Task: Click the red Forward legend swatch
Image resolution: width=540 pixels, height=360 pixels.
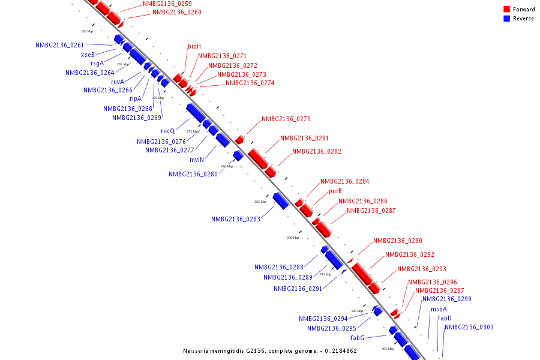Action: (x=506, y=10)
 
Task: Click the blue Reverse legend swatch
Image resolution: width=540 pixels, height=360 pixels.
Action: (x=506, y=19)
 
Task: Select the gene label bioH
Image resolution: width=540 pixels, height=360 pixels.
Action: (x=194, y=46)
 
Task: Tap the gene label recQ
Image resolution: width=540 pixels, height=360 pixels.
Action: (x=167, y=131)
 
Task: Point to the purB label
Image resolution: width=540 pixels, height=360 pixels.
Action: (x=335, y=191)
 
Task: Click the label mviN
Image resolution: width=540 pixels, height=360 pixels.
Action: (x=197, y=160)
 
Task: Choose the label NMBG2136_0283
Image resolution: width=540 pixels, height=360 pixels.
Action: (x=236, y=220)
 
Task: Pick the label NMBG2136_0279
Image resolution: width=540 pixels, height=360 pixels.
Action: (x=286, y=119)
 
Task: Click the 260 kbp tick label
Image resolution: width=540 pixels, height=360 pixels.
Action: (x=87, y=31)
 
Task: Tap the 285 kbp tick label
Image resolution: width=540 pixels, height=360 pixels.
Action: (x=260, y=202)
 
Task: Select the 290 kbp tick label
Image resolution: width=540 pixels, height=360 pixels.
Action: (x=293, y=238)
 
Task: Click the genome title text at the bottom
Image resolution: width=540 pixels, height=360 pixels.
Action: (x=270, y=350)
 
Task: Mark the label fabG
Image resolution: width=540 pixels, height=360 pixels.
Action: (x=357, y=338)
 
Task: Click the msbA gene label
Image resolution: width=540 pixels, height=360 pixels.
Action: (x=439, y=310)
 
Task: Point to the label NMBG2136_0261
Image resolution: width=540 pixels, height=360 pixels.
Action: (x=60, y=46)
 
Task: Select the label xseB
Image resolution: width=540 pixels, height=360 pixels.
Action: (x=88, y=55)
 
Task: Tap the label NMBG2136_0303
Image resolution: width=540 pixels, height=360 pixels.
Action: (x=469, y=327)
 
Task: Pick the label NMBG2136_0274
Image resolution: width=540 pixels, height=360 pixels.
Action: (x=250, y=83)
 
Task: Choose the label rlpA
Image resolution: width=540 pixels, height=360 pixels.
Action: (x=136, y=99)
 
